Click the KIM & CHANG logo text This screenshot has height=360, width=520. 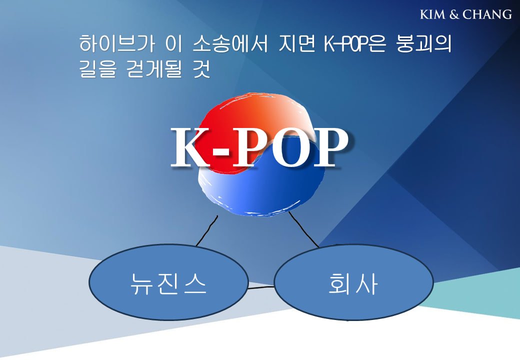[x=465, y=14]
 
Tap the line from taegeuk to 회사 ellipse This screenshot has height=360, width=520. [x=303, y=230]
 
